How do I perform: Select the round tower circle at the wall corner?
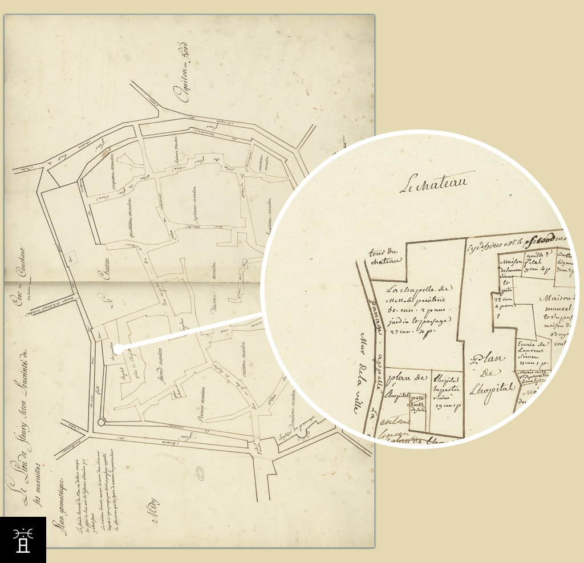pos(102,423)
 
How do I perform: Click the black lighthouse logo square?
pos(23,540)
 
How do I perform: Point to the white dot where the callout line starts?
pos(116,347)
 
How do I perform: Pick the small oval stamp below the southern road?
pos(200,473)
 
